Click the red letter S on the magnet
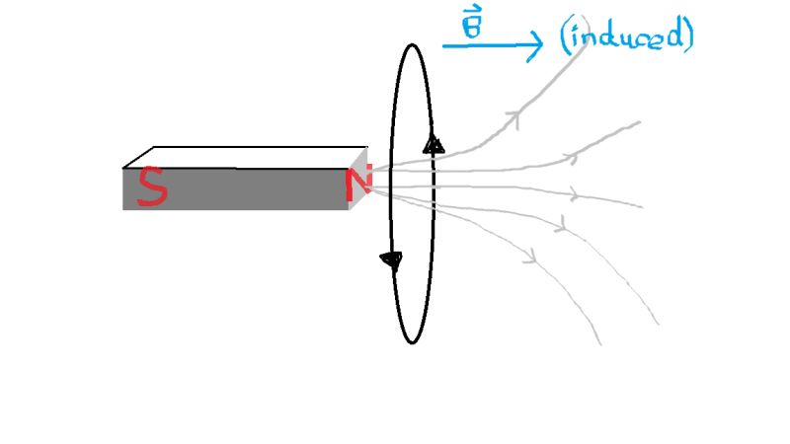point(151,187)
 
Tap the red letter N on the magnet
point(357,187)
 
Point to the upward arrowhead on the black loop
point(433,145)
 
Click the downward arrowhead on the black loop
point(392,260)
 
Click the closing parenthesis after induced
point(688,36)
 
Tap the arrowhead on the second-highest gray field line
point(570,157)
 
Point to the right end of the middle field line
point(642,206)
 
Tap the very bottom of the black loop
point(413,342)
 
